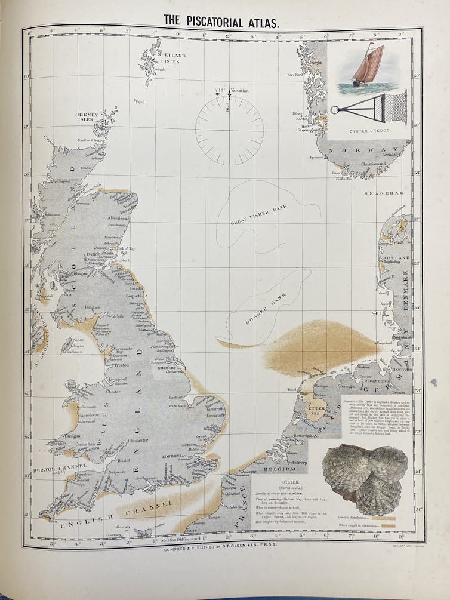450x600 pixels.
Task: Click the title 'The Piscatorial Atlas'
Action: pos(221,22)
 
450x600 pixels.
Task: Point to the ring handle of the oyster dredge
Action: pos(335,109)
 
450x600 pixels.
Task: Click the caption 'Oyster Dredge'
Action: pos(366,130)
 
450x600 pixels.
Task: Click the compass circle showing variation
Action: pos(229,131)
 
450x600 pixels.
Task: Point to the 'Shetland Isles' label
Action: pos(171,58)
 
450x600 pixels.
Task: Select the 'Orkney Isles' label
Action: pos(86,116)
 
